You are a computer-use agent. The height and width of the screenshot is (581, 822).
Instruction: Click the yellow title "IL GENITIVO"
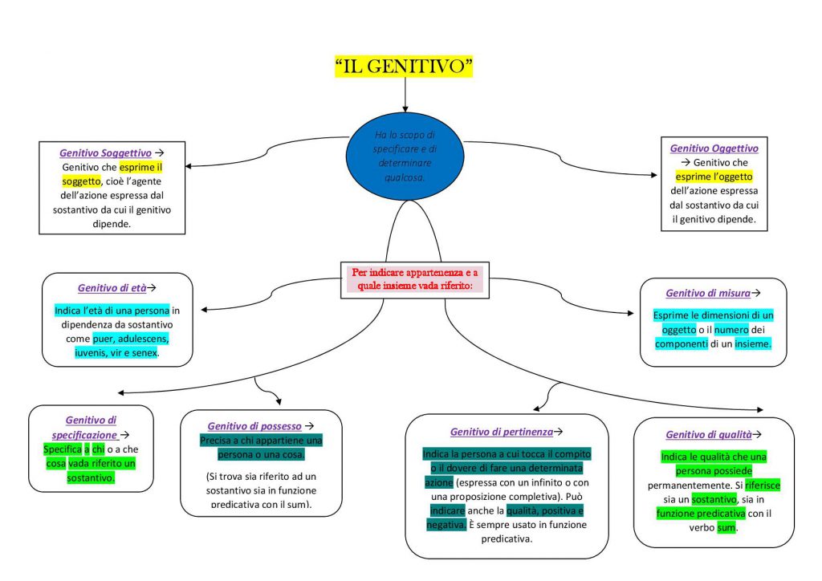404,66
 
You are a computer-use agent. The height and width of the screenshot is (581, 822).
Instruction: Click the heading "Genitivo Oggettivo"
714,148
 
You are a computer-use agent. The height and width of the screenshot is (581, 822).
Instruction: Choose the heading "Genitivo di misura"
709,294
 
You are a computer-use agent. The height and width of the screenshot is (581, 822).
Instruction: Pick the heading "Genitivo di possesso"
255,426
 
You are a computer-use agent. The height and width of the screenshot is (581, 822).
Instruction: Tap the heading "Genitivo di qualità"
708,435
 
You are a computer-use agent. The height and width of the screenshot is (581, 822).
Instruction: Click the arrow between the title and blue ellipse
405,96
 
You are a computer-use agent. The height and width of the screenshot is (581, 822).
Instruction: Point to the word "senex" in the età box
144,353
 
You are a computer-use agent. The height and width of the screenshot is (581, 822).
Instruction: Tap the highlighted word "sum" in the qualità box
726,528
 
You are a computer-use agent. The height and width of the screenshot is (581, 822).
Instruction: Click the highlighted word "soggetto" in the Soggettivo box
81,181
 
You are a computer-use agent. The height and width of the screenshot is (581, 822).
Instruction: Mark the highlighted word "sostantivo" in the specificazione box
91,478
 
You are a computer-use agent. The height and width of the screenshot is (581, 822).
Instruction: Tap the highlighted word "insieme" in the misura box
752,343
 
